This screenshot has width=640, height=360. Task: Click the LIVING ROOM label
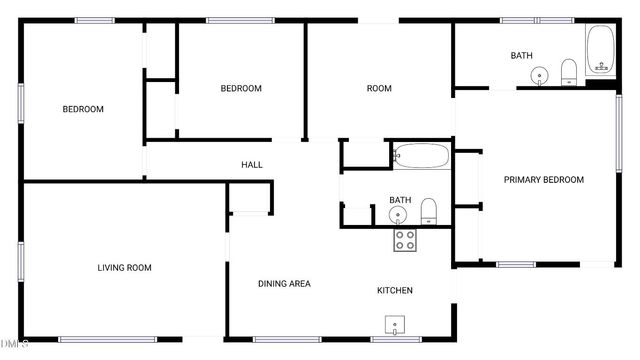coord(124,267)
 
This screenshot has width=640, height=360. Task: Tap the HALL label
coord(251,164)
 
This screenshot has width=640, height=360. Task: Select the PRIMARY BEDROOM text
coord(543,180)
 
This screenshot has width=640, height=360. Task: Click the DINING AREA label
coord(284,284)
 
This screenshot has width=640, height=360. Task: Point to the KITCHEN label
coord(394,291)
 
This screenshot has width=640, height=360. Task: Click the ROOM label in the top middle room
coord(379,89)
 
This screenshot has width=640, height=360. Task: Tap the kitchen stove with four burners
coord(405,239)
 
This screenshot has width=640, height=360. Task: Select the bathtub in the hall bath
coord(421,155)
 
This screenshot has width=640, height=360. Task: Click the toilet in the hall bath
coord(429,210)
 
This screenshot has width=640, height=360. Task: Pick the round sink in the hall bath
coord(399,215)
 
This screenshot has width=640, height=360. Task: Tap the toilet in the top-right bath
coord(569,70)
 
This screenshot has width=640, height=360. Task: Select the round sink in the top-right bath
coord(540,74)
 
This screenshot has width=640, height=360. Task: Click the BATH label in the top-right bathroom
coord(521,56)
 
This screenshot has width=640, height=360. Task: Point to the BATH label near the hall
coord(400,200)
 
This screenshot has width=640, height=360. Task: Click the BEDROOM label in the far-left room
coord(83,110)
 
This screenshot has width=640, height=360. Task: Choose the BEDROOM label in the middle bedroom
coord(241,89)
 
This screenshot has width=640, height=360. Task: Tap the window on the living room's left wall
coord(21,259)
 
